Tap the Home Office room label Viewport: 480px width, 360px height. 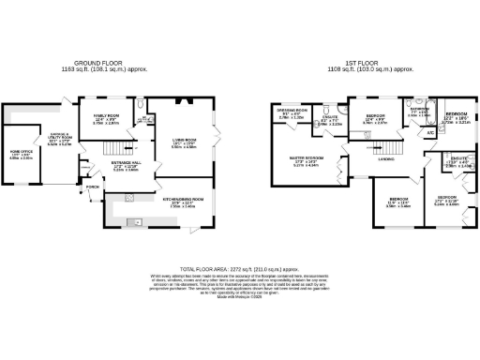tap(21, 153)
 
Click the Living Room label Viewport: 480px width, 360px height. tap(183, 142)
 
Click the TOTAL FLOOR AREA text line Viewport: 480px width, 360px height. tap(240, 268)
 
